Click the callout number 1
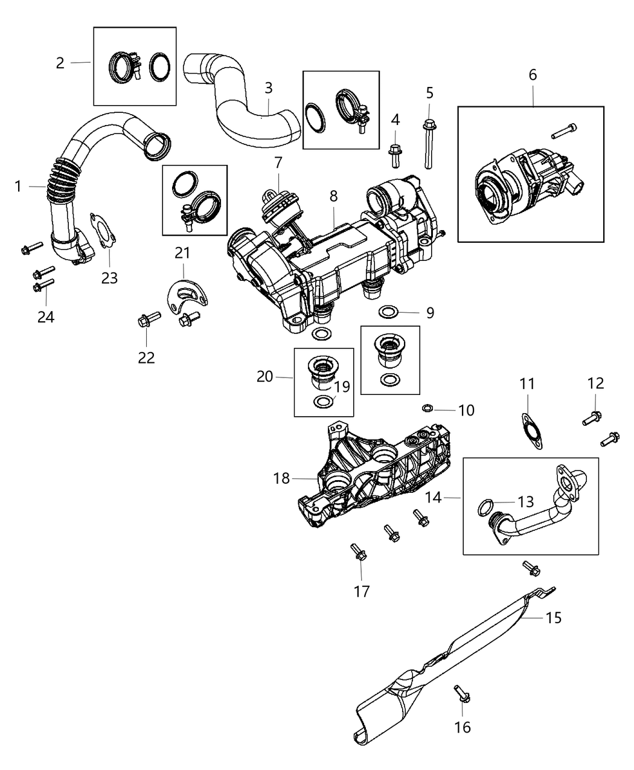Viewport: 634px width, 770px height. pyautogui.click(x=18, y=187)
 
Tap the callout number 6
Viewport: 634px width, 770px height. pyautogui.click(x=532, y=75)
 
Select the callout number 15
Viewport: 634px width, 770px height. pyautogui.click(x=553, y=618)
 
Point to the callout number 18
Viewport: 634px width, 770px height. pyautogui.click(x=282, y=478)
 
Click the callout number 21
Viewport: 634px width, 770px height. pyautogui.click(x=182, y=252)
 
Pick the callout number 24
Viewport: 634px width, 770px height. pyautogui.click(x=46, y=316)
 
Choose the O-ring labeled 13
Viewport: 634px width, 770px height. pyautogui.click(x=485, y=507)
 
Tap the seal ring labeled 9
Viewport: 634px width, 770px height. pyautogui.click(x=388, y=312)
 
